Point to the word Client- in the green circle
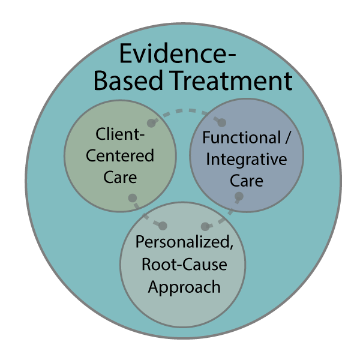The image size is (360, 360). coord(119,134)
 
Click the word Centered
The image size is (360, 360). coord(120,156)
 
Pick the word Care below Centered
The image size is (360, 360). coord(120,178)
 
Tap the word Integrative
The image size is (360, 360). coord(246,160)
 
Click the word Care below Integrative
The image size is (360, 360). coord(246,181)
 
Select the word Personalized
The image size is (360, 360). coord(182,243)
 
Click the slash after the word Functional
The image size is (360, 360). coord(287,137)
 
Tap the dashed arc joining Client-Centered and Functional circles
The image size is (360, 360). coord(186,111)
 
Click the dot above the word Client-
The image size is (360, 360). coord(152,122)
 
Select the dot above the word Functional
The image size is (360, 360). coord(221,122)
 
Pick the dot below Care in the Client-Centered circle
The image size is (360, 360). coord(132,198)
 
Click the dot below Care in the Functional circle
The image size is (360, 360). coord(239,196)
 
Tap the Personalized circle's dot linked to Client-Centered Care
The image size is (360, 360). coord(163,226)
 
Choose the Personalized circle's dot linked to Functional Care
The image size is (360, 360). coord(205,227)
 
